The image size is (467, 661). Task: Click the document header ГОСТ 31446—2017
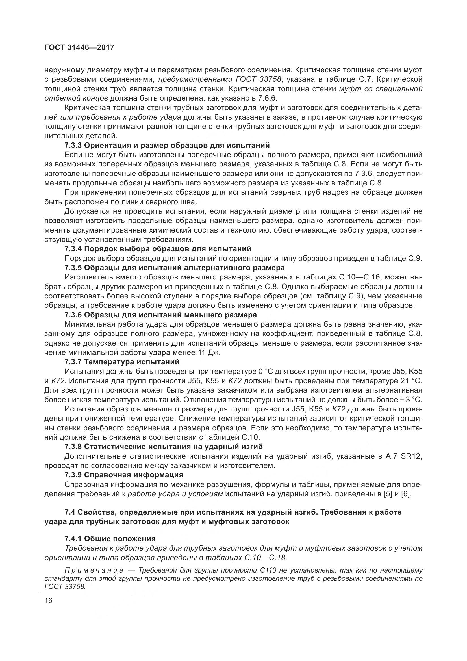[79, 47]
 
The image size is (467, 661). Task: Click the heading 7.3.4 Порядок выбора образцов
[158, 248]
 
